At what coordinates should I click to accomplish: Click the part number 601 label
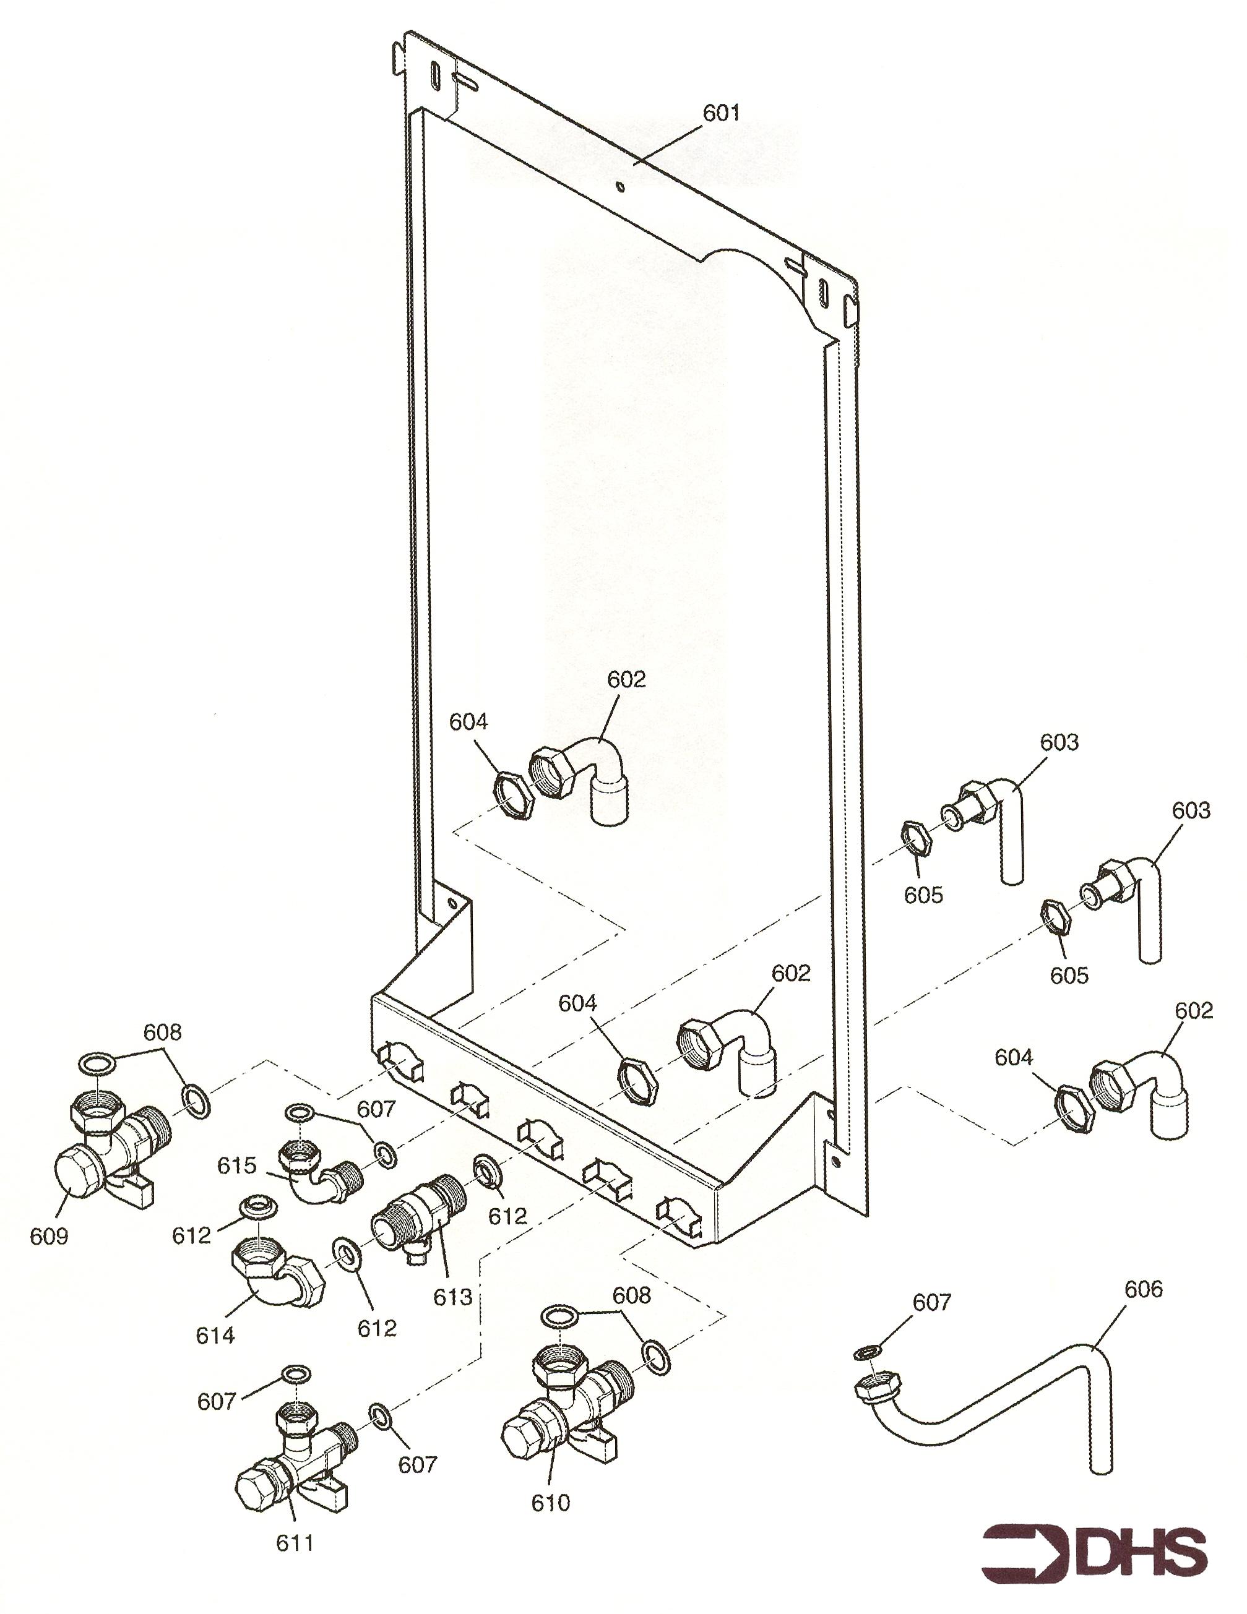(721, 113)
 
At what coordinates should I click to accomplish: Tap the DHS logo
(1094, 1549)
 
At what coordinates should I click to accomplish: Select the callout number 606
(1144, 1290)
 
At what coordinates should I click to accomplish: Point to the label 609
(49, 1235)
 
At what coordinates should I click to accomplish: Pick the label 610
(551, 1503)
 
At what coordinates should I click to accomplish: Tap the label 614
(215, 1336)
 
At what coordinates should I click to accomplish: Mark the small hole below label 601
(621, 186)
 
